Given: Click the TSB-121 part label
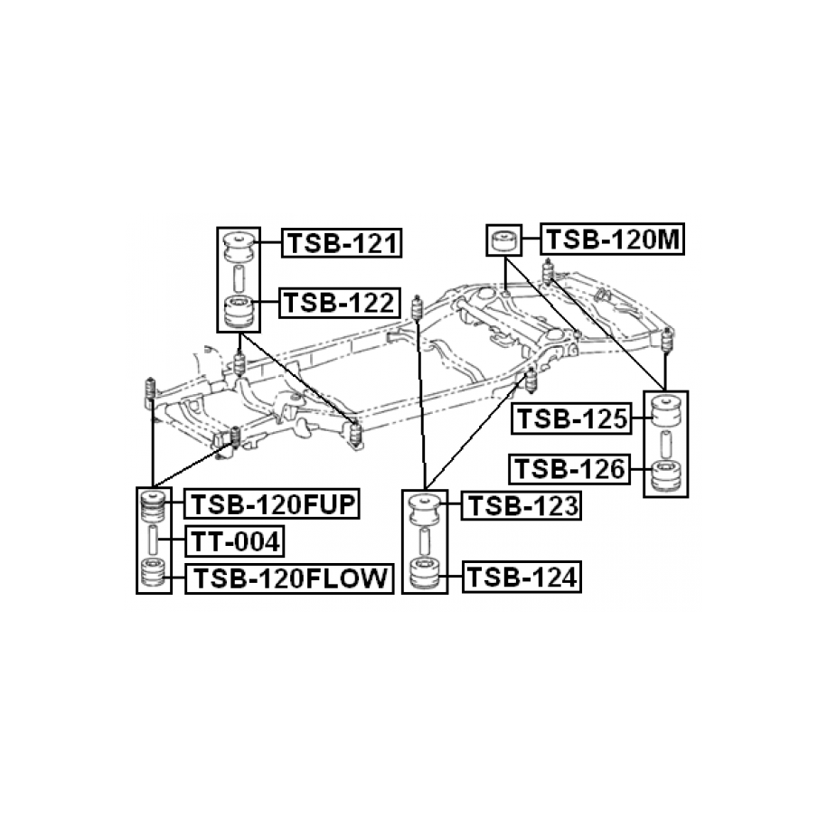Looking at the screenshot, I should [343, 243].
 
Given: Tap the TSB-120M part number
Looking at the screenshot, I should [613, 240].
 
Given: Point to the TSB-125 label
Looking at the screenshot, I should [570, 419].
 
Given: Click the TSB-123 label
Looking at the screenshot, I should [521, 506].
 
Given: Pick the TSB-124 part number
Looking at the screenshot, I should [521, 576].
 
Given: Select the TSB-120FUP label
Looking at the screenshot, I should [272, 503].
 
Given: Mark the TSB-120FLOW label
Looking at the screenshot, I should [288, 578].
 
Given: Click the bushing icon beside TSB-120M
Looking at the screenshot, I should [503, 241].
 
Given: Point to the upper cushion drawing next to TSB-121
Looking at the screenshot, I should [240, 246].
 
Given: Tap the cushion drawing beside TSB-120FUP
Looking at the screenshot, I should [153, 505].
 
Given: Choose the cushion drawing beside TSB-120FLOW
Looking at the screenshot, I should [153, 575].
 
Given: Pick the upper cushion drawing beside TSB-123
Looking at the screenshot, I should [424, 509].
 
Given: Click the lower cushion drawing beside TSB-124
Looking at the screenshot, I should [424, 575].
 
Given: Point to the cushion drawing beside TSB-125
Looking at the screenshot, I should [665, 415].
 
